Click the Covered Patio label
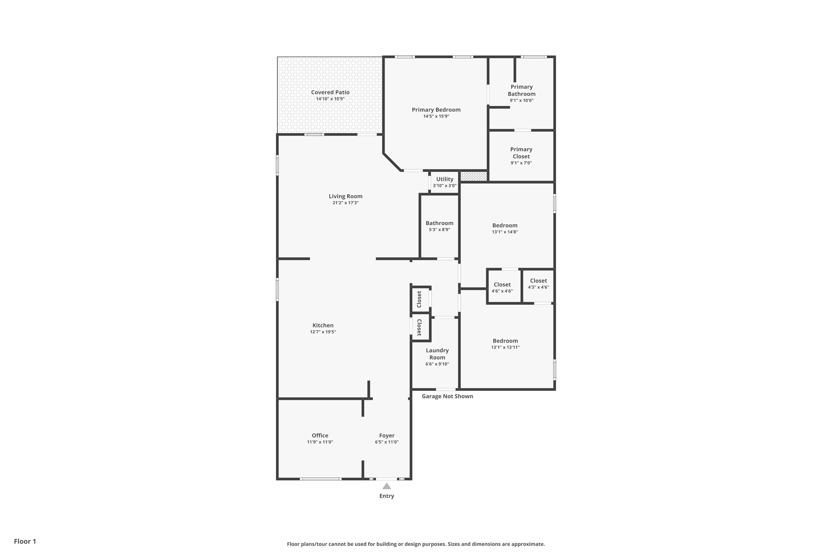(x=330, y=92)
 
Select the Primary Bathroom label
(x=521, y=90)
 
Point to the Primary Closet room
(x=521, y=156)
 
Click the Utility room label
(x=445, y=179)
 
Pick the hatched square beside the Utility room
(x=474, y=176)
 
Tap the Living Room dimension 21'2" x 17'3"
(x=345, y=203)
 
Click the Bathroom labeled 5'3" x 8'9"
(x=439, y=226)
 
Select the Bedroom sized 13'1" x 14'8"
(x=505, y=228)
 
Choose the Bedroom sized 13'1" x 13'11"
(x=505, y=344)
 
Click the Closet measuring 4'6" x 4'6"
(x=502, y=287)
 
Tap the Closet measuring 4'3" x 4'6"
(x=538, y=284)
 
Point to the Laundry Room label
(x=437, y=354)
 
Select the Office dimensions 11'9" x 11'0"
(x=320, y=442)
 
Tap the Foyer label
(x=387, y=436)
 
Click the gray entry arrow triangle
(x=387, y=486)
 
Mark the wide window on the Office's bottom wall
(x=321, y=479)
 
